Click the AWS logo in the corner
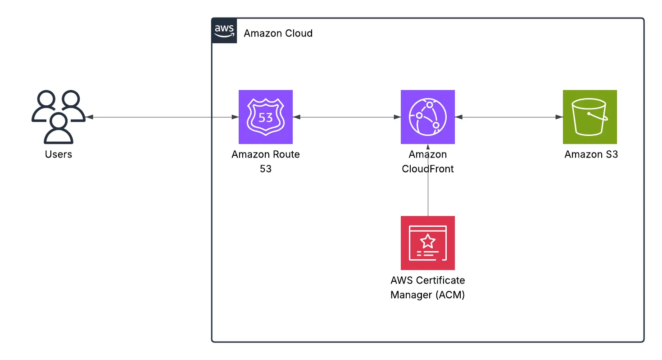pyautogui.click(x=224, y=31)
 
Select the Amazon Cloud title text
pyautogui.click(x=278, y=33)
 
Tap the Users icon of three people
pyautogui.click(x=59, y=117)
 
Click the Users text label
pyautogui.click(x=59, y=154)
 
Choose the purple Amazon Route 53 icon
pyautogui.click(x=266, y=117)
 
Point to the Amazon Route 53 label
pyautogui.click(x=266, y=162)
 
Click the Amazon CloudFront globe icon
pyautogui.click(x=428, y=117)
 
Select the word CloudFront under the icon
pyautogui.click(x=428, y=169)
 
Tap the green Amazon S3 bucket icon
pyautogui.click(x=590, y=117)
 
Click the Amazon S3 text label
pyautogui.click(x=591, y=154)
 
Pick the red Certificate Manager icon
pyautogui.click(x=428, y=243)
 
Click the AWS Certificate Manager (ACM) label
pyautogui.click(x=428, y=288)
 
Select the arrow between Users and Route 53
pyautogui.click(x=162, y=117)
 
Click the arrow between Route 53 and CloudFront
pyautogui.click(x=347, y=117)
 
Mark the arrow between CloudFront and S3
pyautogui.click(x=509, y=117)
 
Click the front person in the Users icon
pyautogui.click(x=59, y=128)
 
